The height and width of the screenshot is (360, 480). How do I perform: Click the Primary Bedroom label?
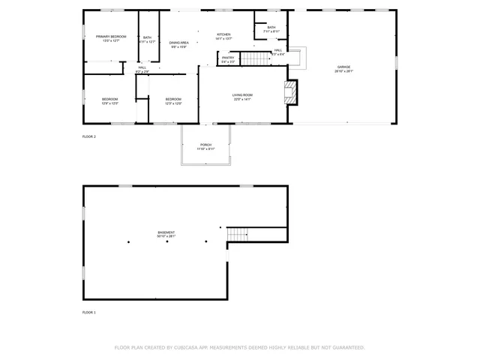pos(110,37)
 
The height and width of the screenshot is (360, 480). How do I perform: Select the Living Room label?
pos(242,96)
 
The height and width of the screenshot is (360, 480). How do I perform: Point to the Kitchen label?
pos(223,35)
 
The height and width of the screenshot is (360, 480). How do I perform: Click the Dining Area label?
pos(178,44)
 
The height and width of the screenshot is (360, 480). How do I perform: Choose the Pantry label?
pos(228,58)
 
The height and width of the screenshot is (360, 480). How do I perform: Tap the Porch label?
pos(205,145)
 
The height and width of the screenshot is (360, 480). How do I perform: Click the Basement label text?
pos(166,233)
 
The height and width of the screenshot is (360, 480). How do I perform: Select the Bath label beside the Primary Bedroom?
pos(147,39)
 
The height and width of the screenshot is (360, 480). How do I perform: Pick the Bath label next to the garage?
pos(271,28)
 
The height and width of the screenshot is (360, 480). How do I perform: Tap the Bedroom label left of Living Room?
pos(173,100)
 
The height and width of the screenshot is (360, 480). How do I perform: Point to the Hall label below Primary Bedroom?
pos(142,69)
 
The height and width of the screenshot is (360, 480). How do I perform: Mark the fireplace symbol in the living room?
pos(291,92)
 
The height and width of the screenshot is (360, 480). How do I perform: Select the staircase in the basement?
pos(238,233)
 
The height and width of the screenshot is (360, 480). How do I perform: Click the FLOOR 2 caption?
pos(89,136)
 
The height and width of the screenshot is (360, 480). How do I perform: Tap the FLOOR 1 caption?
pos(89,311)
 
